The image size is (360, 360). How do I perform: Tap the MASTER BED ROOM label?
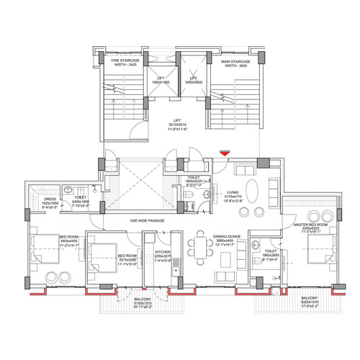(x=310, y=227)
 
